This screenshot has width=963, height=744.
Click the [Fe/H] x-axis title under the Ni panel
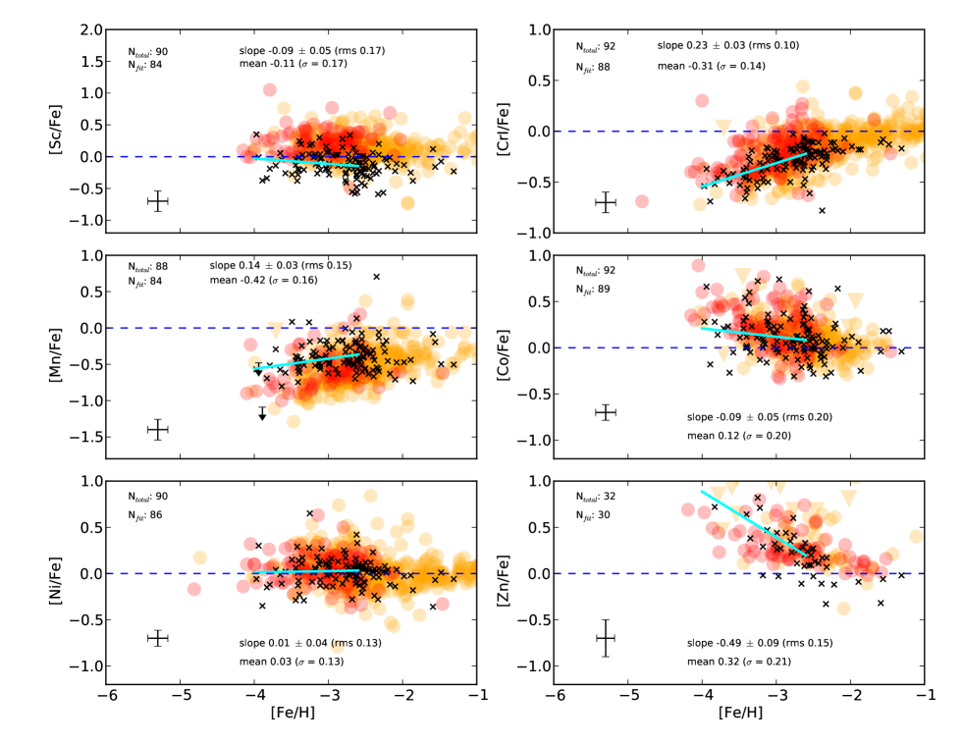click(x=293, y=711)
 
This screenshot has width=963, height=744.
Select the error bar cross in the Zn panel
click(x=606, y=638)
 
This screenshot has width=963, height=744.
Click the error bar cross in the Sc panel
click(x=157, y=201)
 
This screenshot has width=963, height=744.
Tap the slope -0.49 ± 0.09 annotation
click(x=759, y=643)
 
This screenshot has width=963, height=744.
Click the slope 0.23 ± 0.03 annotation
click(x=728, y=45)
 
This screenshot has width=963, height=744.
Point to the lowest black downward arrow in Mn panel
click(x=262, y=415)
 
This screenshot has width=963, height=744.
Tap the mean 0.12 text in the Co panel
click(x=737, y=435)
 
